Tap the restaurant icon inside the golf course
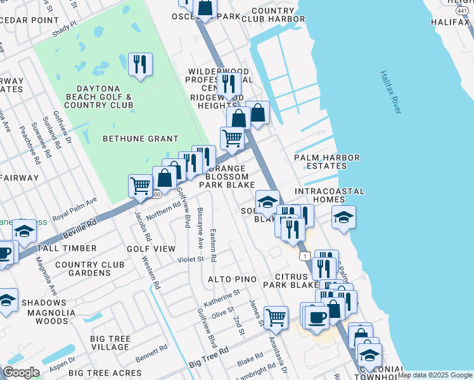point(139,65)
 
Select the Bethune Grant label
point(131,138)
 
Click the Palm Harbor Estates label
point(327,161)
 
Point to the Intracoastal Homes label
point(330,195)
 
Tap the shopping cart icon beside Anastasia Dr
point(276,318)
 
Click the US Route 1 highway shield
point(305,255)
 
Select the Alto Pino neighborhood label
point(233,279)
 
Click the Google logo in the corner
point(21,372)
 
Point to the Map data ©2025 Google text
point(435,375)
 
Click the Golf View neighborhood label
point(151,249)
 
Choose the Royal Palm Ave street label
point(75,208)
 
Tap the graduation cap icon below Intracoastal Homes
point(343,217)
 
